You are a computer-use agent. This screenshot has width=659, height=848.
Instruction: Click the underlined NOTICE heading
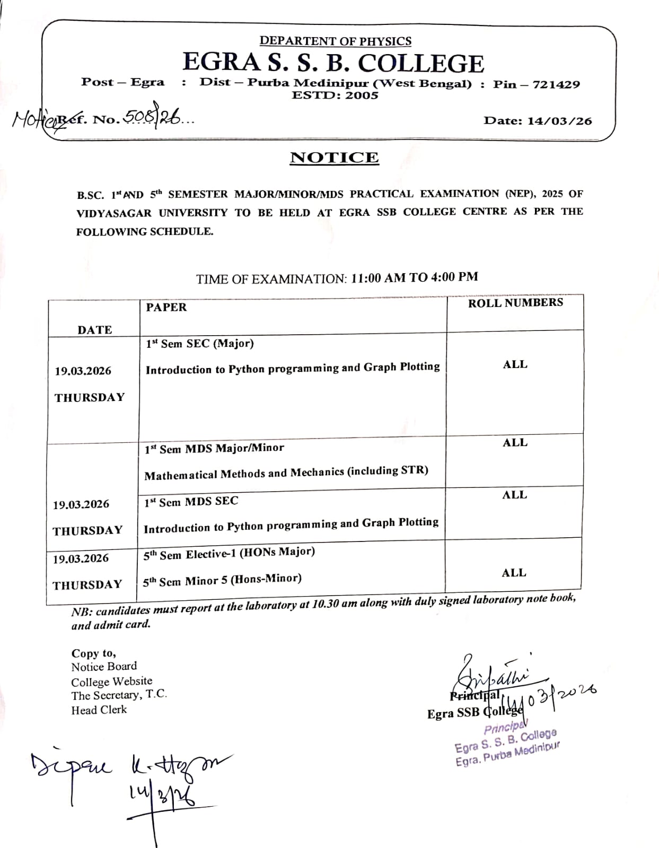(334, 158)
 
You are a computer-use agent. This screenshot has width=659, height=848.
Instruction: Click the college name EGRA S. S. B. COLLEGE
(333, 63)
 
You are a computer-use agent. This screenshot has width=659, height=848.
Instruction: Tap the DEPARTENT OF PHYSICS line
(335, 41)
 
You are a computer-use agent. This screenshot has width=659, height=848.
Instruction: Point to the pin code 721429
(556, 84)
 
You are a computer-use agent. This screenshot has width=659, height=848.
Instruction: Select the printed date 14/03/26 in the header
(559, 120)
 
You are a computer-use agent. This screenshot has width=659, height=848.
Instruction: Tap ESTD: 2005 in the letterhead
(335, 95)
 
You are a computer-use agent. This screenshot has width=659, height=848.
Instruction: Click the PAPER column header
(166, 308)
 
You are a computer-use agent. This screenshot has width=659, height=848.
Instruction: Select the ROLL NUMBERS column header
(515, 302)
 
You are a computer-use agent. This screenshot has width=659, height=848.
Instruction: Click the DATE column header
(95, 330)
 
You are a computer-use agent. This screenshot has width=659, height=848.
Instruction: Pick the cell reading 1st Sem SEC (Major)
(200, 344)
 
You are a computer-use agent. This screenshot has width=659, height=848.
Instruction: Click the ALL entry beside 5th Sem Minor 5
(514, 573)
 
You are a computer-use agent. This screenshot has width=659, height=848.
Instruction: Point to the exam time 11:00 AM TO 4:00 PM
(414, 277)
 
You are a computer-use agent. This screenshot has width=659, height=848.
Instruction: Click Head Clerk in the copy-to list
(99, 710)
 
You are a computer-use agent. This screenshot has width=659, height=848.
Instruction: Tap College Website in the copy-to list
(112, 681)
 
